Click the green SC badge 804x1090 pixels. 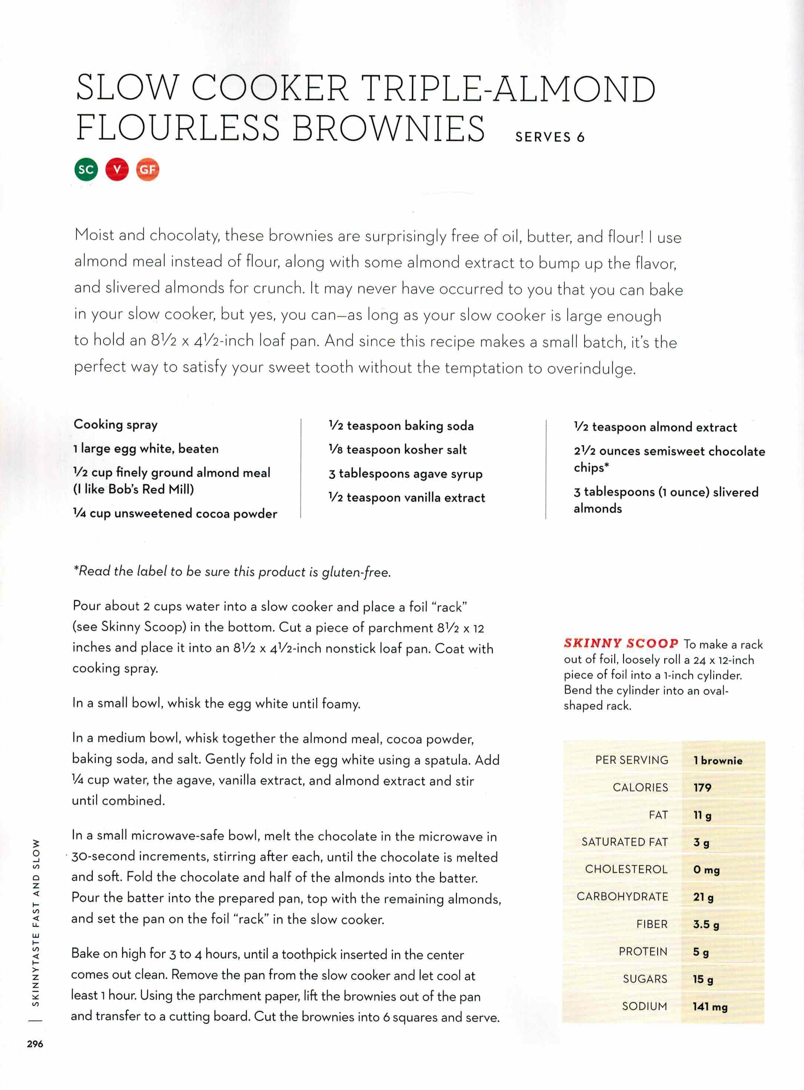point(86,169)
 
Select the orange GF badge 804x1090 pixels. point(147,169)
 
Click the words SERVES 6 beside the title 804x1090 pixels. point(549,137)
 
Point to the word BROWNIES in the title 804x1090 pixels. point(388,128)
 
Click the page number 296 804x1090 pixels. point(35,1044)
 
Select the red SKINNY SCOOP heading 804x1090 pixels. point(621,643)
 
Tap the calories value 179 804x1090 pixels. point(702,787)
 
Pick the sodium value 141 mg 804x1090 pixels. point(710,1006)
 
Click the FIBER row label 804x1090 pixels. point(652,924)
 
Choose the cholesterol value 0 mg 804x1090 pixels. point(706,869)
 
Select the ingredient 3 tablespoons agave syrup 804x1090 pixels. point(405,473)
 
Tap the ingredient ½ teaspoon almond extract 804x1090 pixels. point(655,427)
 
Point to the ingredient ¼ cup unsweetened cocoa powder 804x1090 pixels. point(175,513)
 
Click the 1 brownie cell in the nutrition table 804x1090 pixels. point(718,760)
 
